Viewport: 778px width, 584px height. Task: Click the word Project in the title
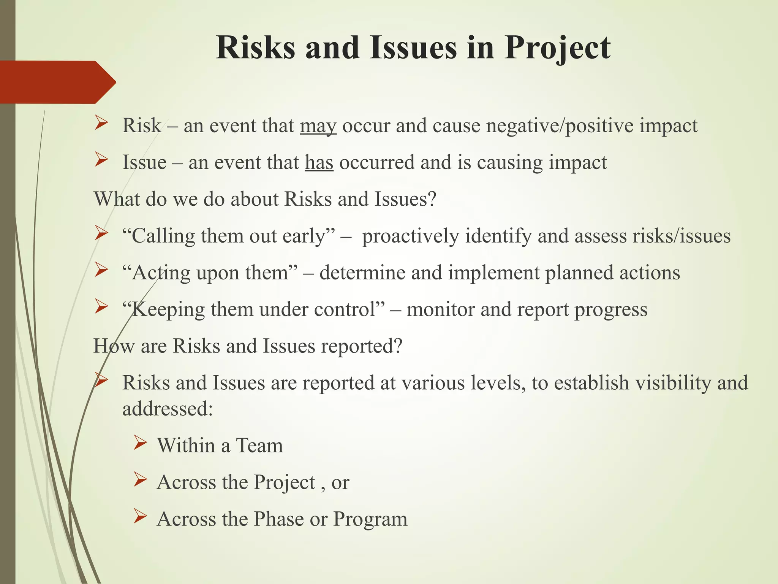[557, 48]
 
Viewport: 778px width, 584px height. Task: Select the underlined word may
[318, 126]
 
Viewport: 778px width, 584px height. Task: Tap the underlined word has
[319, 163]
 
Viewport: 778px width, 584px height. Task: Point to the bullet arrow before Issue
[101, 160]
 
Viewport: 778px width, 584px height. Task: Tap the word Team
[259, 446]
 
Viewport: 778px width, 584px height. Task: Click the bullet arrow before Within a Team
[140, 443]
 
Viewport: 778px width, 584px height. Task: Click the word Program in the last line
[370, 519]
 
